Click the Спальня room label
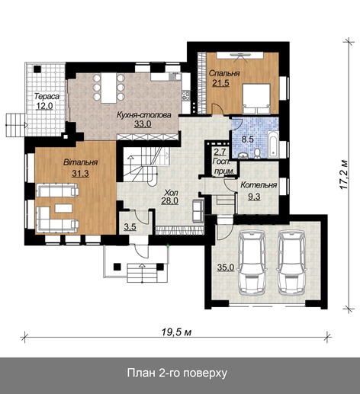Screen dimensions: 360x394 pos(224,73)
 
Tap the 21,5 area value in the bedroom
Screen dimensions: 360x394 pos(221,83)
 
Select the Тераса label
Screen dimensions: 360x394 pos(47,96)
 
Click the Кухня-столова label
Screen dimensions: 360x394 pos(144,115)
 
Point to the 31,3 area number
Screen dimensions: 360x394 pos(80,174)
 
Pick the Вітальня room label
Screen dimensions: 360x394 pos(81,162)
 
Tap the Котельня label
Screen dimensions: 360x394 pos(259,185)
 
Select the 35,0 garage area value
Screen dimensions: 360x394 pos(226,267)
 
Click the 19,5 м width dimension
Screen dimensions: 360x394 pos(176,332)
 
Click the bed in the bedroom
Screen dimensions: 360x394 pos(256,98)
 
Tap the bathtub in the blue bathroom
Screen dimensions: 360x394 pos(273,144)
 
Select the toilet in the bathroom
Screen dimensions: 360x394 pos(257,153)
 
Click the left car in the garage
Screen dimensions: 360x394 pos(252,262)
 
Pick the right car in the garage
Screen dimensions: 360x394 pos(292,262)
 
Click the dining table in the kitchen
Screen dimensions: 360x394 pos(109,88)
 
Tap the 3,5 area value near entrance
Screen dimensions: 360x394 pos(130,227)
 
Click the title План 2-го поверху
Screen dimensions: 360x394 pos(177,373)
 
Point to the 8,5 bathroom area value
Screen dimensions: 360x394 pos(247,139)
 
